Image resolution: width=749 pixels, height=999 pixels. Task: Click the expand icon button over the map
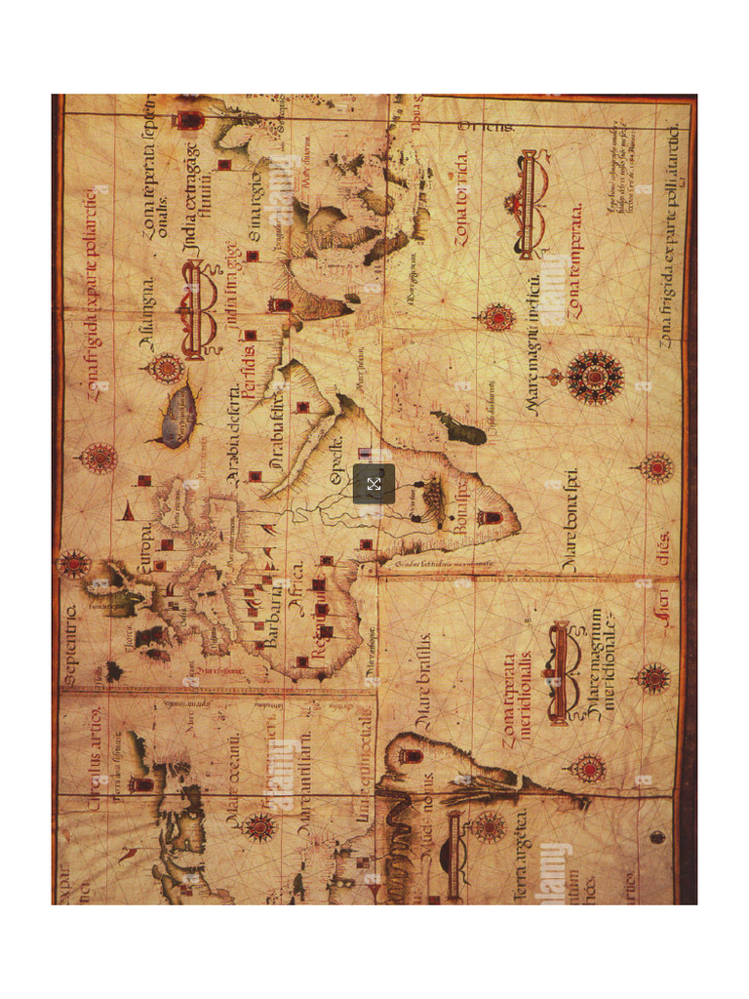point(374,484)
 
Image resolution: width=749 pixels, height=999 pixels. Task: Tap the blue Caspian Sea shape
point(178,415)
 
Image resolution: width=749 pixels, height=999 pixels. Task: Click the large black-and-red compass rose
point(594,377)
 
